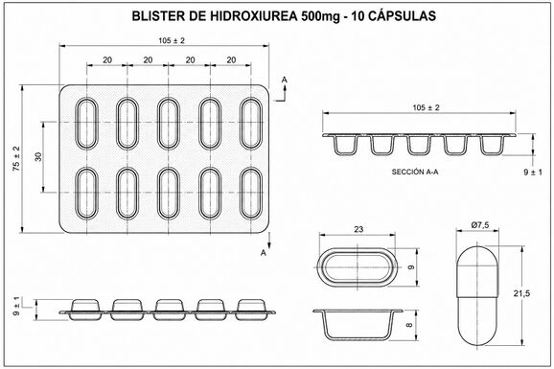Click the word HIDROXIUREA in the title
(254, 16)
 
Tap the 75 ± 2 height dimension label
(16, 159)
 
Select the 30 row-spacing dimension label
(38, 156)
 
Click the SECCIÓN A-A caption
(415, 173)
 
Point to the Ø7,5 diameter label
(480, 225)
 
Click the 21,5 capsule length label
(521, 293)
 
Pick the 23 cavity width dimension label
(358, 229)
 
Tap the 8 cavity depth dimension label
(410, 325)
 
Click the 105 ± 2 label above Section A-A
(427, 107)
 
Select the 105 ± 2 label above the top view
(172, 40)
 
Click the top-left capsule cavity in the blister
(86, 124)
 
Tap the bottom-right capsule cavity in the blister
(251, 194)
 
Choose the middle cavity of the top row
(169, 124)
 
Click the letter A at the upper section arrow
(285, 81)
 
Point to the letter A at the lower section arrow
(264, 253)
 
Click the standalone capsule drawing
(477, 296)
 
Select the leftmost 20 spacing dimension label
(107, 60)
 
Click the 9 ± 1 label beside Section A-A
(533, 173)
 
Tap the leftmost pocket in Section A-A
(345, 146)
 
